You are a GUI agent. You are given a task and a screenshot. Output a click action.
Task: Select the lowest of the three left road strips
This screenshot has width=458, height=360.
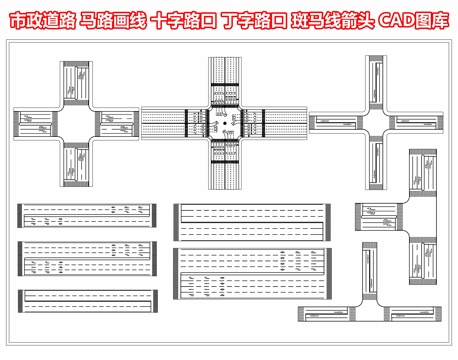click(x=87, y=298)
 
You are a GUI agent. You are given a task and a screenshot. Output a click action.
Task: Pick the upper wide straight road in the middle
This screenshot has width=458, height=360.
click(x=251, y=221)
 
